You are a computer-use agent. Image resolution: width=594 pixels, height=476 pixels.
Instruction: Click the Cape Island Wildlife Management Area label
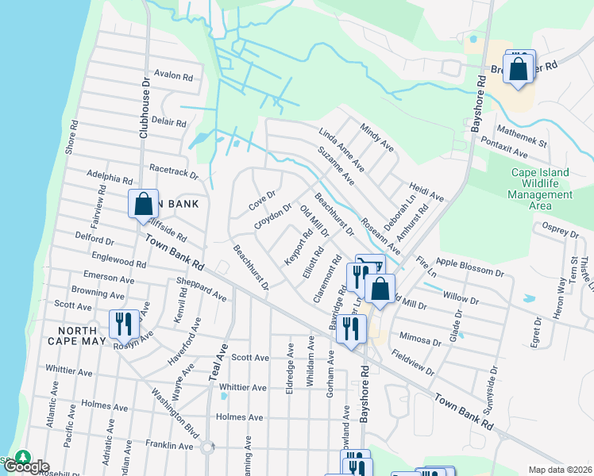point(539,189)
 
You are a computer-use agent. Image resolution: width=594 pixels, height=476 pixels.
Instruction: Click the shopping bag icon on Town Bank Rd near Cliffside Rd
point(143,204)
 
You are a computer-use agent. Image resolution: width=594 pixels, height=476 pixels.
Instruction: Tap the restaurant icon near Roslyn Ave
point(123,324)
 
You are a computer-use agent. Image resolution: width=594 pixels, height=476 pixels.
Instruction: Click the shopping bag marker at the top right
point(519,68)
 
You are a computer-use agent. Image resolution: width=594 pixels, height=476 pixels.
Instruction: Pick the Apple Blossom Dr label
point(470,267)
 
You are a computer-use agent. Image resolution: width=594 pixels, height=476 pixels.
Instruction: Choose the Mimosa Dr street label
point(420,337)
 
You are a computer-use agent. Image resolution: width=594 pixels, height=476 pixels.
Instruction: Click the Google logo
point(25,466)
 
